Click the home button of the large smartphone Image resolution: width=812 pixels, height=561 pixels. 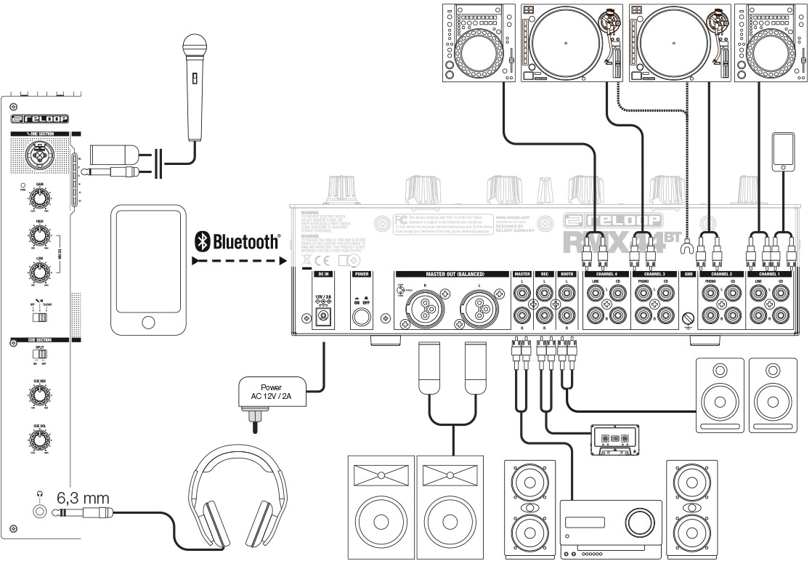pos(148,323)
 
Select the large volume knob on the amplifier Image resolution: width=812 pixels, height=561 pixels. pos(638,522)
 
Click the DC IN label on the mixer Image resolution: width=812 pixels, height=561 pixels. pos(323,274)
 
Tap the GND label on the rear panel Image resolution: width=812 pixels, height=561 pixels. pos(689,274)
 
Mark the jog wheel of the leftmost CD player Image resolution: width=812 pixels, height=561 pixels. pos(480,51)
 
